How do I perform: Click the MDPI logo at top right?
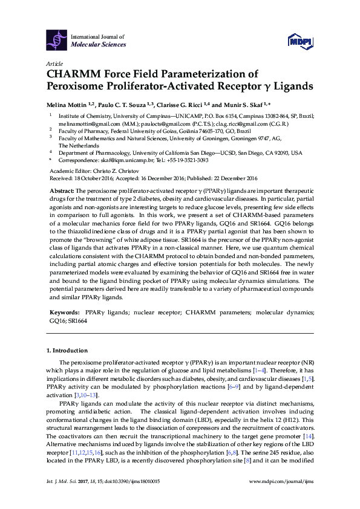298,41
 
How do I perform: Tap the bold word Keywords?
64,313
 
